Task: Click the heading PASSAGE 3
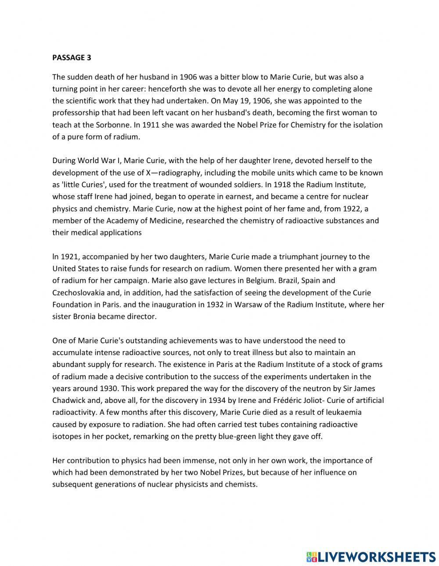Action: [72, 57]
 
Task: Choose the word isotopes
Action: [67, 436]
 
